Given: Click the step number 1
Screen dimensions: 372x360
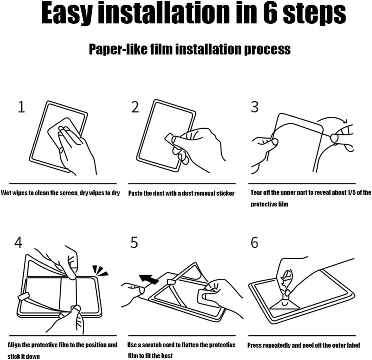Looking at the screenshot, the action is (x=22, y=107).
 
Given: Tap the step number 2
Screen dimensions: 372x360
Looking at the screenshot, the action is (x=135, y=107).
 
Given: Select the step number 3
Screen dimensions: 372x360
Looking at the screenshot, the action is (x=255, y=107).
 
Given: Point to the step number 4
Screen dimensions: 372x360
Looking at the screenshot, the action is (x=18, y=242).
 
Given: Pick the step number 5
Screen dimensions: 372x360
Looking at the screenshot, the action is (x=134, y=242).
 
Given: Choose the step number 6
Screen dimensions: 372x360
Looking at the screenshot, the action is (x=254, y=242).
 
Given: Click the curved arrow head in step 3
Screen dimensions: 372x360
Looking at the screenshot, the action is (x=345, y=121).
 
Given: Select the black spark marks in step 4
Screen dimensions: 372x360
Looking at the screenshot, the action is (x=100, y=271).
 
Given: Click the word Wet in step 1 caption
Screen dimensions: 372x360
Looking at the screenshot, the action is (x=6, y=193).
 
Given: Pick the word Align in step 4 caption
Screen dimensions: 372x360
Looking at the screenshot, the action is (x=14, y=345).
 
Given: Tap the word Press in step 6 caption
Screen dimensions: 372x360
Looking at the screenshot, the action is (x=254, y=345).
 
